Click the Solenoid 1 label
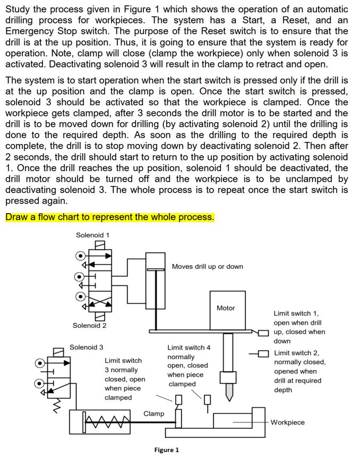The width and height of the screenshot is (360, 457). tap(92, 235)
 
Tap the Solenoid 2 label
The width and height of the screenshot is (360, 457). tap(90, 325)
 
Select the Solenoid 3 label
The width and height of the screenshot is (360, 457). tap(87, 347)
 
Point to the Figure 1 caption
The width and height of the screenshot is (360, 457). tap(166, 450)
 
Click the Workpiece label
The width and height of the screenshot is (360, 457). tap(287, 422)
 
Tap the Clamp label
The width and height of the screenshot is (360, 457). tap(153, 413)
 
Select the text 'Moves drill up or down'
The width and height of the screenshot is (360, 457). tap(208, 266)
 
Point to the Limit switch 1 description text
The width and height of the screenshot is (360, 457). tap(299, 327)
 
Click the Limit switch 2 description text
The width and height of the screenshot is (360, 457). tap(299, 371)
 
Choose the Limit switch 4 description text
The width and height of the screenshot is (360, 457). tap(188, 366)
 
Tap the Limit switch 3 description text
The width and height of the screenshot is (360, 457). tap(125, 379)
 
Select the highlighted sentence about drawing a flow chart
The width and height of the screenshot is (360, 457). tap(109, 217)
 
